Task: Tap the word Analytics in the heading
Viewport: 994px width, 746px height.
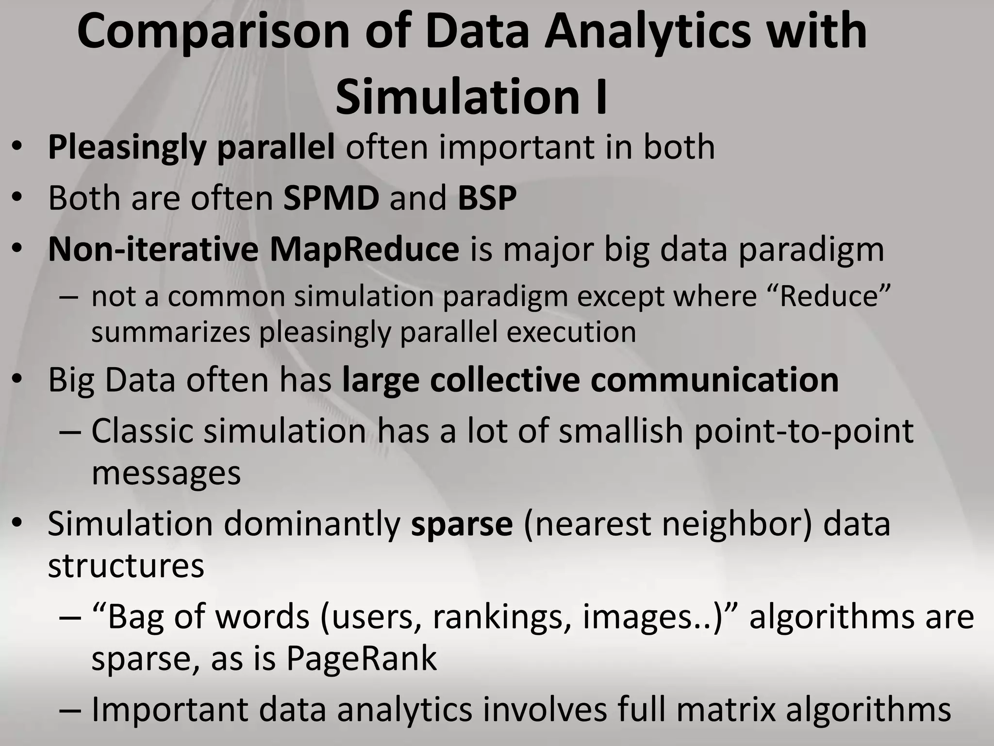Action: [647, 33]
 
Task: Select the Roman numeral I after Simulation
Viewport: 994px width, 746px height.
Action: [601, 96]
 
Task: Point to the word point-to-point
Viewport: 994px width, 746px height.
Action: [804, 431]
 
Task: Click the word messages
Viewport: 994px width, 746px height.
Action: [166, 473]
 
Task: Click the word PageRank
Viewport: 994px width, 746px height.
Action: [361, 659]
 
